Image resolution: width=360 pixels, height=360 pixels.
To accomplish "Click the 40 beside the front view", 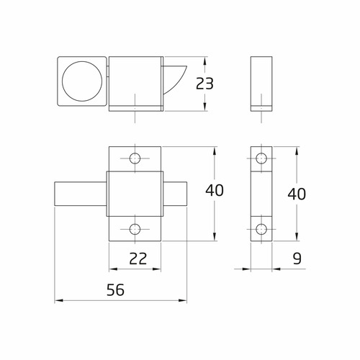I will coord(215,191).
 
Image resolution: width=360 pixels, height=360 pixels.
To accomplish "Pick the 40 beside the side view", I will coord(297,194).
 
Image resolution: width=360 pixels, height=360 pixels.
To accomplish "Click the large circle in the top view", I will coord(81,81).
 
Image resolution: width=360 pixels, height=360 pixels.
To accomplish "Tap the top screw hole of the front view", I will coord(135,158).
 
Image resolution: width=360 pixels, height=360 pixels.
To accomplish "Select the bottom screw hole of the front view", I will coord(135,229).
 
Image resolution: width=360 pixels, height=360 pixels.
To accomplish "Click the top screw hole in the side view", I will coord(261,158).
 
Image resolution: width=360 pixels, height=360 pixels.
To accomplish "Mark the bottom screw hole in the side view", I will coord(261,229).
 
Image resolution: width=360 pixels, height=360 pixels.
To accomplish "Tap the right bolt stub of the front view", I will coord(176,194).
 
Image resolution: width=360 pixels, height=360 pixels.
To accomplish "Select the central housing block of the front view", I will coord(135,194).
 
